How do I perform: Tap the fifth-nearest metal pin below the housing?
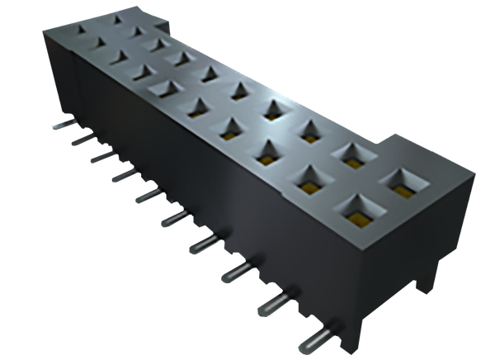coord(180,218)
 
